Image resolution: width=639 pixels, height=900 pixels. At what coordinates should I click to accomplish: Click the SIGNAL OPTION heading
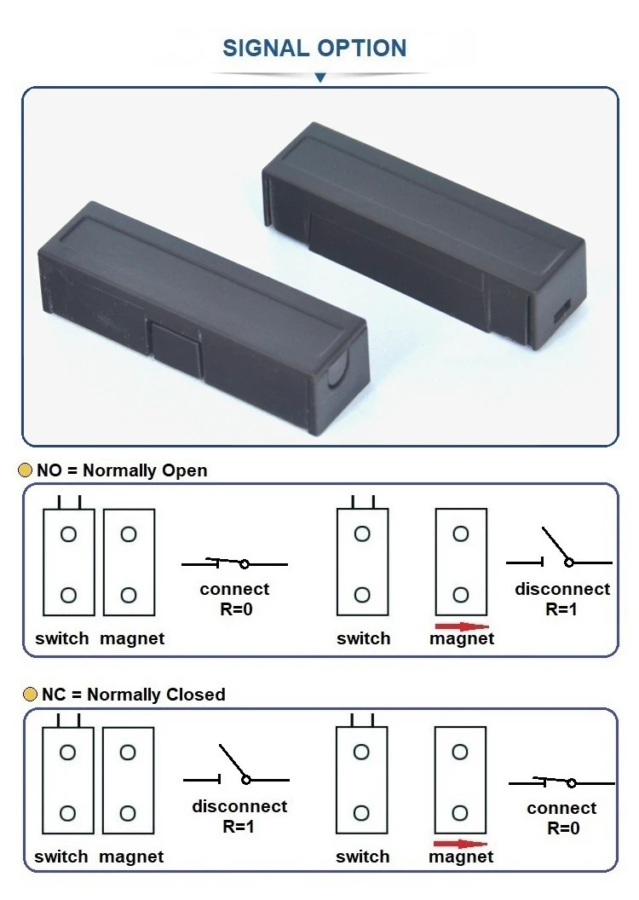click(314, 48)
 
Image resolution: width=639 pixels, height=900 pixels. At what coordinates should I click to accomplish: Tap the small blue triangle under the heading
click(320, 78)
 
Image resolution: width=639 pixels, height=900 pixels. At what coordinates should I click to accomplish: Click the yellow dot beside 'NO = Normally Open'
click(26, 470)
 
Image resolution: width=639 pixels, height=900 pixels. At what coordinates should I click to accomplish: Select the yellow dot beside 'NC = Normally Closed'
click(30, 695)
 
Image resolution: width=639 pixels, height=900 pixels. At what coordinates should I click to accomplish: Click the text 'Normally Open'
click(145, 470)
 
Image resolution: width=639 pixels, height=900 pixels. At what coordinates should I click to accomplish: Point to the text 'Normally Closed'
click(156, 695)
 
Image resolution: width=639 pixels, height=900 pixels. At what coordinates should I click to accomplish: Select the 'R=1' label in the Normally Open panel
click(562, 609)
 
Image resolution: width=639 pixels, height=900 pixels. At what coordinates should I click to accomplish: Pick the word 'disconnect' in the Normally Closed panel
click(239, 806)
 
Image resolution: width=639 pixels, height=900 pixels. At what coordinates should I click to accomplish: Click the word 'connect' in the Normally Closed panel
click(561, 808)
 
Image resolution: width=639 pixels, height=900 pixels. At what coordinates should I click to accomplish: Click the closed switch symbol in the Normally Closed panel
click(561, 782)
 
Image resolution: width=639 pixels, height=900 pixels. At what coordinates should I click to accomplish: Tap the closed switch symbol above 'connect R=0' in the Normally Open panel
click(234, 562)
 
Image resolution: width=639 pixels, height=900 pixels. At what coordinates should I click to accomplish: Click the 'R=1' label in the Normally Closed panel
click(239, 826)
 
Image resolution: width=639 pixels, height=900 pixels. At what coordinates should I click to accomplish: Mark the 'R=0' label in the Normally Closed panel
click(562, 828)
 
